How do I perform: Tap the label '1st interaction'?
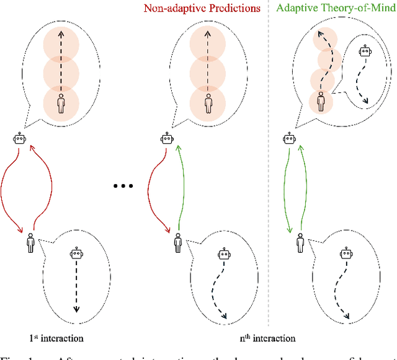[57, 338]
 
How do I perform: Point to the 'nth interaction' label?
[268, 338]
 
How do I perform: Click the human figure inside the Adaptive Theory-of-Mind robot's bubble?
[321, 101]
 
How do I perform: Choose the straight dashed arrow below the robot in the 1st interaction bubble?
[76, 285]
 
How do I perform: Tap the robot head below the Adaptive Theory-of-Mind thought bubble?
[289, 138]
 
